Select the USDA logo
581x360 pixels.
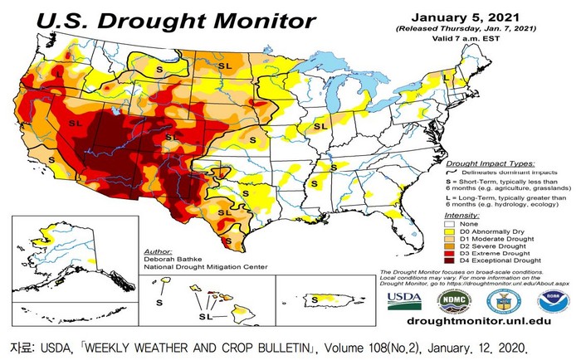pyautogui.click(x=404, y=299)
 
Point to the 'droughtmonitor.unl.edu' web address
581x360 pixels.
pyautogui.click(x=478, y=319)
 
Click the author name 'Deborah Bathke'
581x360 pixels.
pyautogui.click(x=170, y=259)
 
